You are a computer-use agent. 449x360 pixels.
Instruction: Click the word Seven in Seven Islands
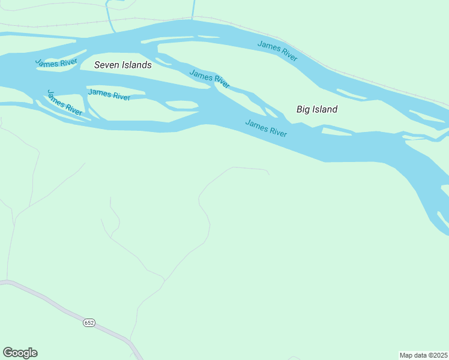107,65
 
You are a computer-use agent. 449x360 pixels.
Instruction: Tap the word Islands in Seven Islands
136,65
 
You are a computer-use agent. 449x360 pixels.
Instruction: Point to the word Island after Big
325,109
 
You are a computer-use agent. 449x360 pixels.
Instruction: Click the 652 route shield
89,322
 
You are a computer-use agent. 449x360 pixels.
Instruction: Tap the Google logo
20,353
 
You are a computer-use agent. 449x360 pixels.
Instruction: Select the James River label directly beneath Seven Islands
109,94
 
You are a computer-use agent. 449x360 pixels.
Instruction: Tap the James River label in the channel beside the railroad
277,50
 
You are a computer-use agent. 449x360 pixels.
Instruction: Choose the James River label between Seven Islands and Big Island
209,77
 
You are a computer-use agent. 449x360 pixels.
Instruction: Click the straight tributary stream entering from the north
193,9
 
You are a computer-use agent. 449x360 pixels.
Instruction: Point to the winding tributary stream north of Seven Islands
109,15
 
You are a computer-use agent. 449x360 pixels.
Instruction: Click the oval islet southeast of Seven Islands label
181,105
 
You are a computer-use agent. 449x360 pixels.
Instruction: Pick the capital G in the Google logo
8,352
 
